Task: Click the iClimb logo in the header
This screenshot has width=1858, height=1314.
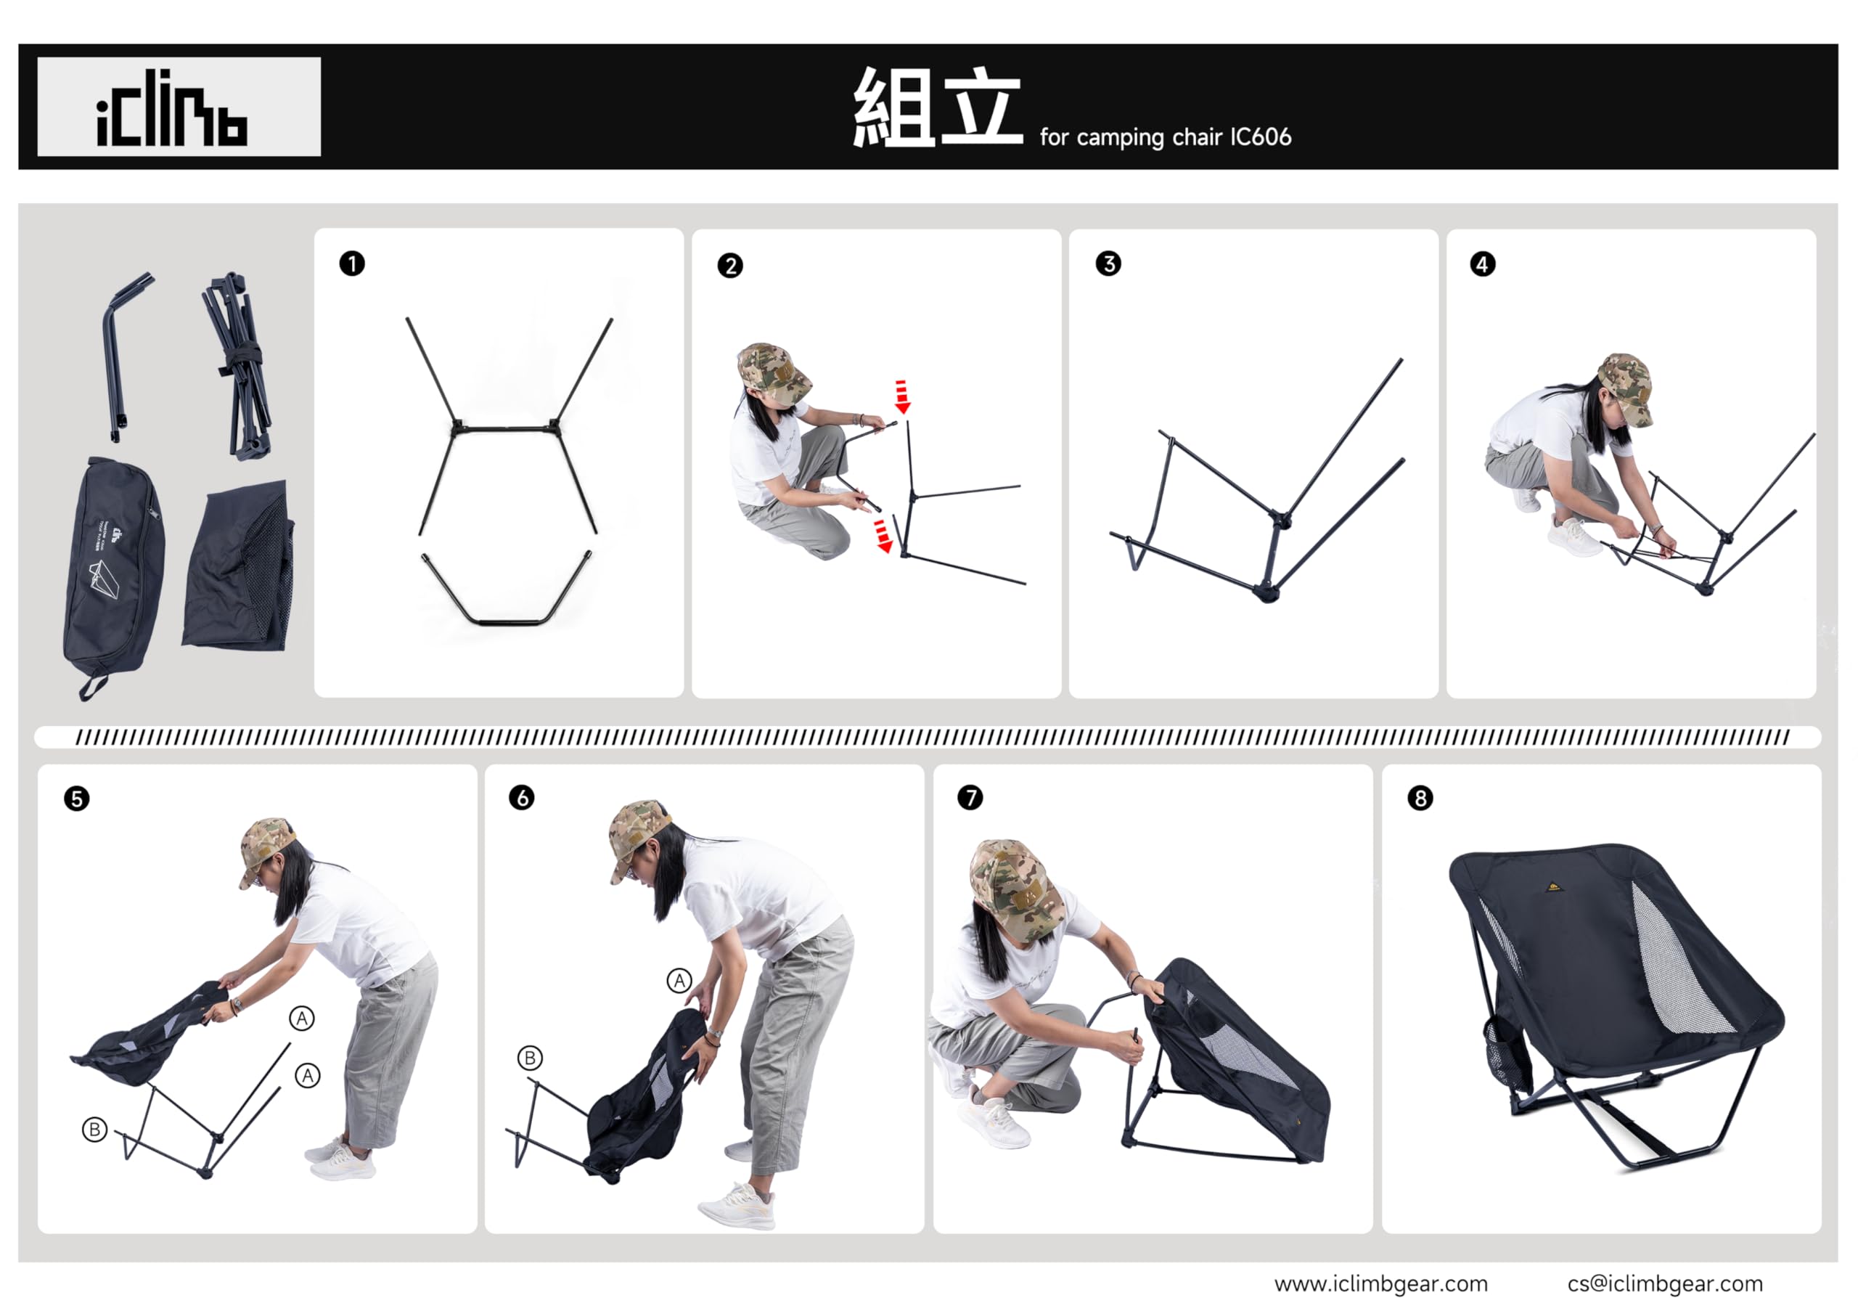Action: pyautogui.click(x=171, y=107)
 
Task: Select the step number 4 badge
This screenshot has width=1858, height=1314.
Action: pyautogui.click(x=1483, y=264)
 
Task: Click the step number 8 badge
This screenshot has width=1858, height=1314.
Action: pyautogui.click(x=1420, y=799)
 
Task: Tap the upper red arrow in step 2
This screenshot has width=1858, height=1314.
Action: pyautogui.click(x=902, y=396)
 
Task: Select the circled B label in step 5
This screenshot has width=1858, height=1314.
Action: pyautogui.click(x=94, y=1130)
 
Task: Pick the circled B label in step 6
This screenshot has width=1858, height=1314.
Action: pyautogui.click(x=530, y=1058)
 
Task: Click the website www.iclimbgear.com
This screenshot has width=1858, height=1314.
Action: pyautogui.click(x=1380, y=1284)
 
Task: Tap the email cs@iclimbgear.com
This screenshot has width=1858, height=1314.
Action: pyautogui.click(x=1665, y=1284)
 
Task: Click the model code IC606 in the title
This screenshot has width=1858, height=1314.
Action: pyautogui.click(x=1261, y=136)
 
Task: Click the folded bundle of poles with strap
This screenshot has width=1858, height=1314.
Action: pyautogui.click(x=237, y=366)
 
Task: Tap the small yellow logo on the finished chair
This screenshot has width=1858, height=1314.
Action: pyautogui.click(x=1555, y=886)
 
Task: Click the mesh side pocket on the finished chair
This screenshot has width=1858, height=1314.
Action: pyautogui.click(x=1507, y=1053)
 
